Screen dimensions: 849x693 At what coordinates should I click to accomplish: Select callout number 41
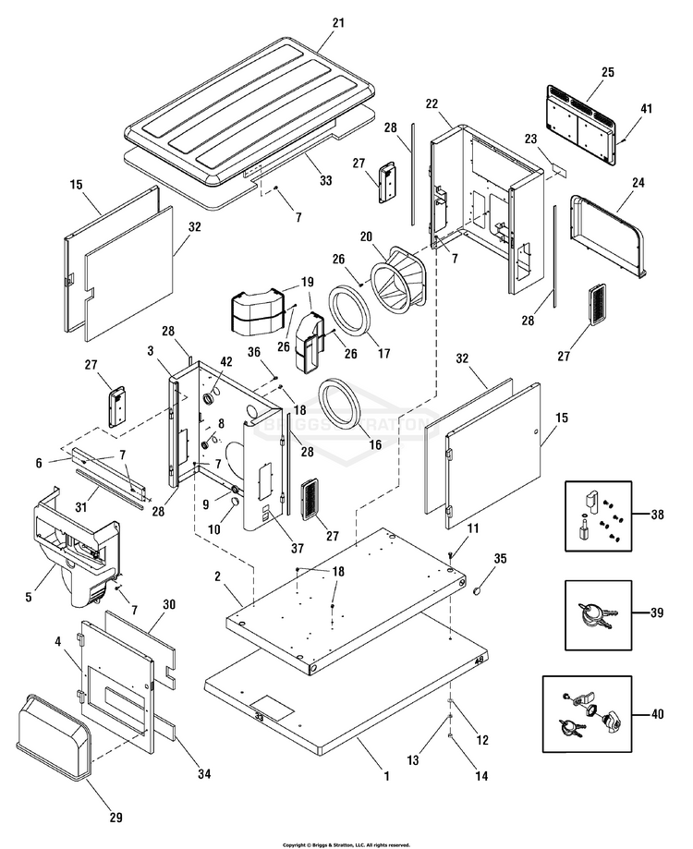coord(646,109)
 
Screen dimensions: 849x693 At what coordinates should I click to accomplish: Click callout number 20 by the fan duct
coord(366,237)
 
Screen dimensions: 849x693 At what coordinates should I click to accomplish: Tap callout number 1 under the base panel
coord(384,777)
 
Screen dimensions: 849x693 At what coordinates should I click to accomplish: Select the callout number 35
coord(500,558)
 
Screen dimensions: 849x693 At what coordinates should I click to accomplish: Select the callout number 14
coord(480,777)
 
